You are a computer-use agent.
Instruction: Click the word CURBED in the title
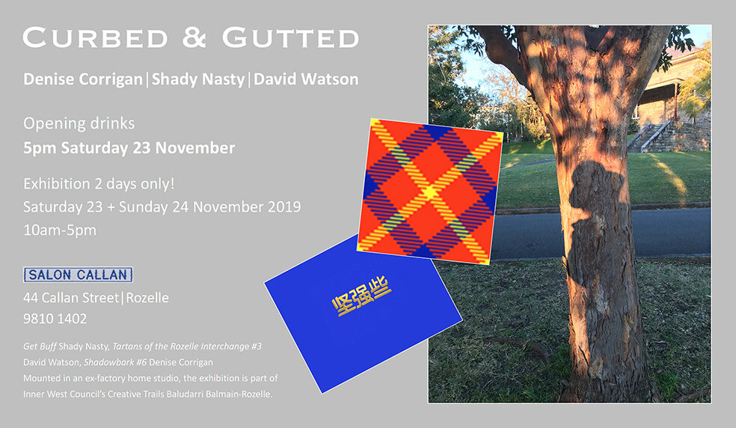(93, 38)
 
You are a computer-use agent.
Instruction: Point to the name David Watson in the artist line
(306, 79)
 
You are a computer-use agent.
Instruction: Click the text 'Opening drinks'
(79, 123)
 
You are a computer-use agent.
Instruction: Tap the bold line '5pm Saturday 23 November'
(129, 147)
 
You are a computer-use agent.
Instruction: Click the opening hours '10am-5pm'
(60, 230)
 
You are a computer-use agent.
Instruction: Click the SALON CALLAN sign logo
(78, 275)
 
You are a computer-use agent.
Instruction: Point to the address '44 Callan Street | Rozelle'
(96, 298)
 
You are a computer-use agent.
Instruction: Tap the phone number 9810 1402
(55, 319)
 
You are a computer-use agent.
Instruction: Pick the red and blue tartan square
(429, 191)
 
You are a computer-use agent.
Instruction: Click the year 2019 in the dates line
(283, 206)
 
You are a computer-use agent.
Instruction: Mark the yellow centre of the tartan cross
(429, 193)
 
